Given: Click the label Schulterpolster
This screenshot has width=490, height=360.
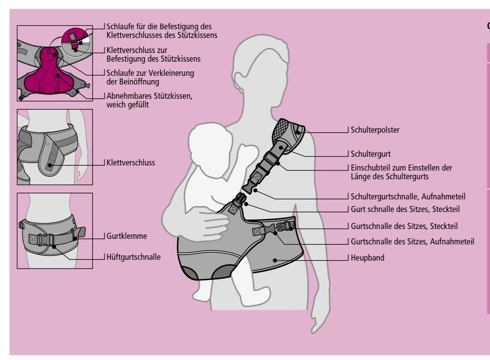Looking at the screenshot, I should (375, 130).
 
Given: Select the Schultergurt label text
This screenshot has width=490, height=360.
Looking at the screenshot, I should (370, 153).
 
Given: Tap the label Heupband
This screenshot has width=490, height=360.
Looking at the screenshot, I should (367, 257).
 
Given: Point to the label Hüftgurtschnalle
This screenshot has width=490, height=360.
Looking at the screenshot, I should (133, 257).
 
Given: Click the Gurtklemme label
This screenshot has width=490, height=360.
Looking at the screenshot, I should (126, 236).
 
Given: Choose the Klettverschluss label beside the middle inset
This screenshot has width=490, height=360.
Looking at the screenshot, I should (130, 162).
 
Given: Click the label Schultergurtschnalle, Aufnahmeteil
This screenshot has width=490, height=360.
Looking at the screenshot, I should (408, 196).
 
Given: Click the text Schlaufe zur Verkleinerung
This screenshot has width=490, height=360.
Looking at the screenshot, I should (150, 73).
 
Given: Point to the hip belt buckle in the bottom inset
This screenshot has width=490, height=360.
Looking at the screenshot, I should (46, 240).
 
